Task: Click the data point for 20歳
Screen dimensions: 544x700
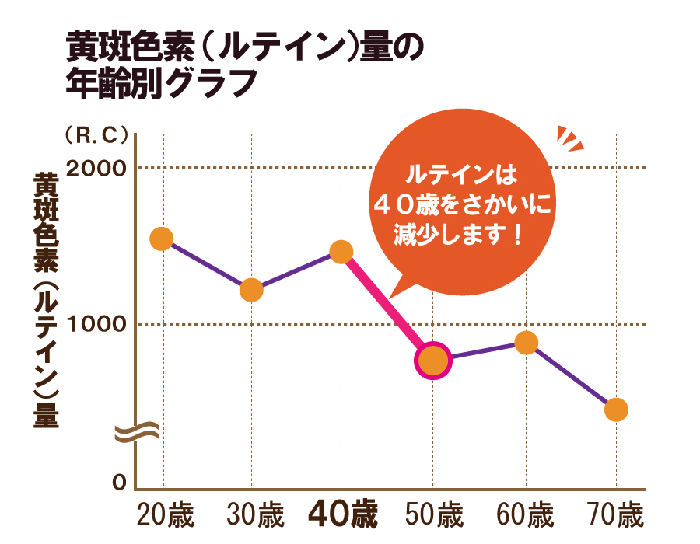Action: (x=161, y=239)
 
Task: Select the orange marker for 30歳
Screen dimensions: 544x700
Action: (x=251, y=290)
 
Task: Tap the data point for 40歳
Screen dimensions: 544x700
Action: (x=341, y=251)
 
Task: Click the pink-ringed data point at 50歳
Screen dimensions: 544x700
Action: (x=432, y=361)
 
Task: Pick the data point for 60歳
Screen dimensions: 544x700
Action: (x=527, y=342)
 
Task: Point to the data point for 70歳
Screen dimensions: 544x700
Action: (x=616, y=410)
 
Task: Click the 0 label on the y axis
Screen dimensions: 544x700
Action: (x=119, y=483)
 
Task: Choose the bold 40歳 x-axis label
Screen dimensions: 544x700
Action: (x=342, y=514)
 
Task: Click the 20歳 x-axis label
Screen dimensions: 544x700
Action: (x=165, y=515)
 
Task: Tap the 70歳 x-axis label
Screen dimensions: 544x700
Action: (x=616, y=515)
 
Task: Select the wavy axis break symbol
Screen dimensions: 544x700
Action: (x=136, y=432)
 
